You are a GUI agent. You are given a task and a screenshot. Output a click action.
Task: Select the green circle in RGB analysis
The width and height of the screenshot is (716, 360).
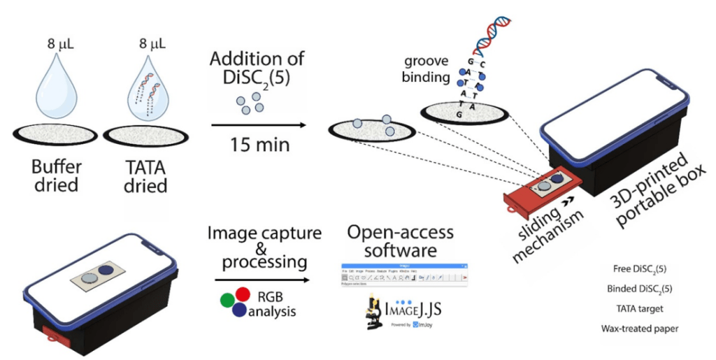(x=227, y=300)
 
